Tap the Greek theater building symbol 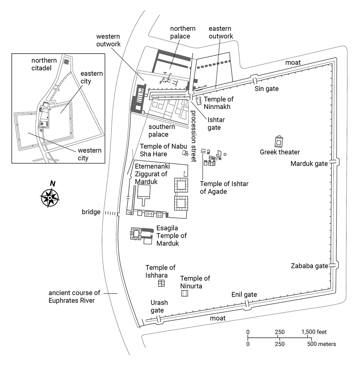pyautogui.click(x=279, y=142)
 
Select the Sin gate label pyautogui.click(x=266, y=88)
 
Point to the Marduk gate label pyautogui.click(x=309, y=164)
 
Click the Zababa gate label pyautogui.click(x=309, y=266)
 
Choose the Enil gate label pyautogui.click(x=244, y=295)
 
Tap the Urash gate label pyautogui.click(x=159, y=306)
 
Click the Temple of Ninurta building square pyautogui.click(x=185, y=293)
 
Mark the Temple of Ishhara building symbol pyautogui.click(x=161, y=283)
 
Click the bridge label pyautogui.click(x=91, y=212)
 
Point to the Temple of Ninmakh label pyautogui.click(x=218, y=103)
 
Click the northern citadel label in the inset pyautogui.click(x=44, y=64)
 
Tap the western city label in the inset pyautogui.click(x=90, y=154)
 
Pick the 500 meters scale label pyautogui.click(x=322, y=344)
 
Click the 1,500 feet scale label pyautogui.click(x=314, y=332)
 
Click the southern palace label pyautogui.click(x=161, y=130)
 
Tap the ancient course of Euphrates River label pyautogui.click(x=74, y=297)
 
